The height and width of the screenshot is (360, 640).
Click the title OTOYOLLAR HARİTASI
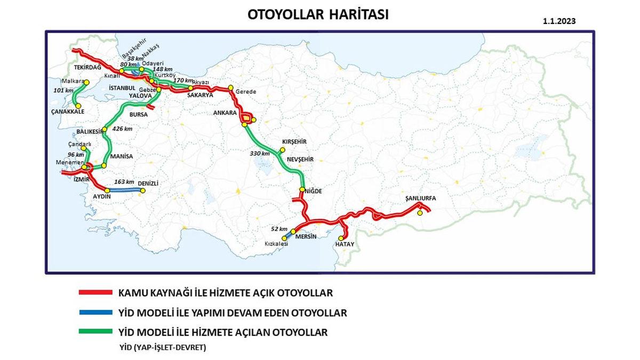(318, 14)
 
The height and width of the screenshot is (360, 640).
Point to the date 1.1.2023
(560, 22)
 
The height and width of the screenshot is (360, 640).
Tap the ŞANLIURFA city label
(421, 198)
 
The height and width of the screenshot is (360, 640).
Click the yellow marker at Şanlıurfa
(420, 213)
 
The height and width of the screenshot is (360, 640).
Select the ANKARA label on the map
(225, 113)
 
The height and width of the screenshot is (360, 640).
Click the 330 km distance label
(260, 154)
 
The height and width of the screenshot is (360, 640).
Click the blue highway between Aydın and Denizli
(125, 190)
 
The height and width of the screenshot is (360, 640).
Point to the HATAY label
(345, 244)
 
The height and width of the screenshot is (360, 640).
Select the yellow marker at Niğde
(302, 190)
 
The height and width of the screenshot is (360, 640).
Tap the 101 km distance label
(63, 90)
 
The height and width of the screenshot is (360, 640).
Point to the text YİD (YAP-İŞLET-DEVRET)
(162, 347)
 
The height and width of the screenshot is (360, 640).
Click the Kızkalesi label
(276, 244)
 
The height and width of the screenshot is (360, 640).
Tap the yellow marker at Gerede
(230, 88)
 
